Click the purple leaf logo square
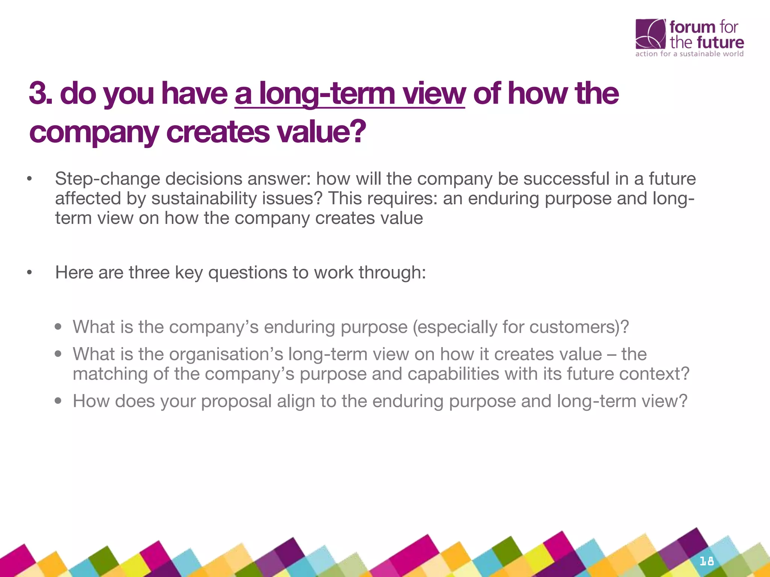(x=650, y=34)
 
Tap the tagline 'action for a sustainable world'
(x=689, y=54)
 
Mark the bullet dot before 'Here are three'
(x=29, y=272)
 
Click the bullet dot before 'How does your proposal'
(x=58, y=401)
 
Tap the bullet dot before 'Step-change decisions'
(x=29, y=179)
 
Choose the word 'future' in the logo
(x=720, y=42)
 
